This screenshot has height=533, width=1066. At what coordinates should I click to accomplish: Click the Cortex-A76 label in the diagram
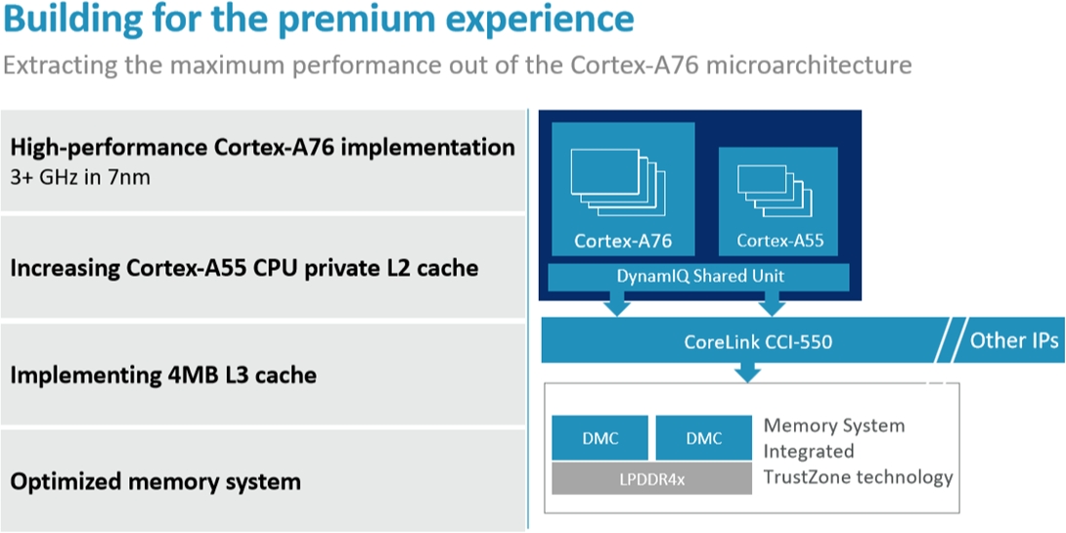point(623,241)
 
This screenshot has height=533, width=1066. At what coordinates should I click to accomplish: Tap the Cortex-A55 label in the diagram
point(777,240)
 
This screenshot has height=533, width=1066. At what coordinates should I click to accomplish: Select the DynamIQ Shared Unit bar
point(699,276)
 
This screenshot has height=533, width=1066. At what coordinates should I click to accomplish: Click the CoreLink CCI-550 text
point(757,340)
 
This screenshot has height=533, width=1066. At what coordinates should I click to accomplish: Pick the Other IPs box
point(1007,339)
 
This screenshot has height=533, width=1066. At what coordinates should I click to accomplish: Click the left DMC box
point(600,438)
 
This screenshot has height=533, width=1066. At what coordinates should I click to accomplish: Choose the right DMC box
point(703,438)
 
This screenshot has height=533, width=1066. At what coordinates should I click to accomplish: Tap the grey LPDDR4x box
point(651,478)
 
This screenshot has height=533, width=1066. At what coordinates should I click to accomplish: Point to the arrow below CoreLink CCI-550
point(748,372)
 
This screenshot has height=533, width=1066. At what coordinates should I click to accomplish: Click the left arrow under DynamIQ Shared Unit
point(617,302)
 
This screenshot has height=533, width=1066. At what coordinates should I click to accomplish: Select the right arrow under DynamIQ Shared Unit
point(773,302)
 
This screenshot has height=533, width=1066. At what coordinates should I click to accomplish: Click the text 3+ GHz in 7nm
point(80,177)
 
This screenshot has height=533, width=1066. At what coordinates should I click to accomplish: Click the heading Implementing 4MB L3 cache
point(163,375)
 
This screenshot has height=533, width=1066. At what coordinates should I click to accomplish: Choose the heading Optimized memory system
point(155,482)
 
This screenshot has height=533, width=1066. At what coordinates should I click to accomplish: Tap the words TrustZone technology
point(858,476)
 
